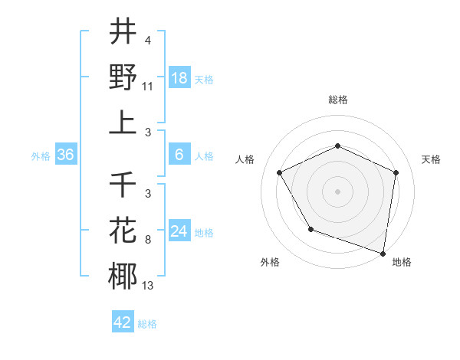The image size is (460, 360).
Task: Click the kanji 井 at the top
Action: [123, 33]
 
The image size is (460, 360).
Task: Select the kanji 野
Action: [123, 77]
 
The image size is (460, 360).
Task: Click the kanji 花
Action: [123, 231]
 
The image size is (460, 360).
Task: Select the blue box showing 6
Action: [179, 155]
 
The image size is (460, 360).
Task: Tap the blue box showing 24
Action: [179, 231]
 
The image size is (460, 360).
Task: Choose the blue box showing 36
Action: [66, 155]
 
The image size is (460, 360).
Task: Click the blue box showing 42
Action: [123, 322]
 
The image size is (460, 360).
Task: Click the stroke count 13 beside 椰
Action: [148, 286]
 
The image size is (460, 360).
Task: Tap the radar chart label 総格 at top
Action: [337, 100]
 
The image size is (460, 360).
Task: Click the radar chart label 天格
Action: [431, 159]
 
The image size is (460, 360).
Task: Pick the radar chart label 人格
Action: [245, 159]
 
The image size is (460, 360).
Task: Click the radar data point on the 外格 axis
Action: [310, 229]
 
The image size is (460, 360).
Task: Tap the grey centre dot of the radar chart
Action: [337, 191]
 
